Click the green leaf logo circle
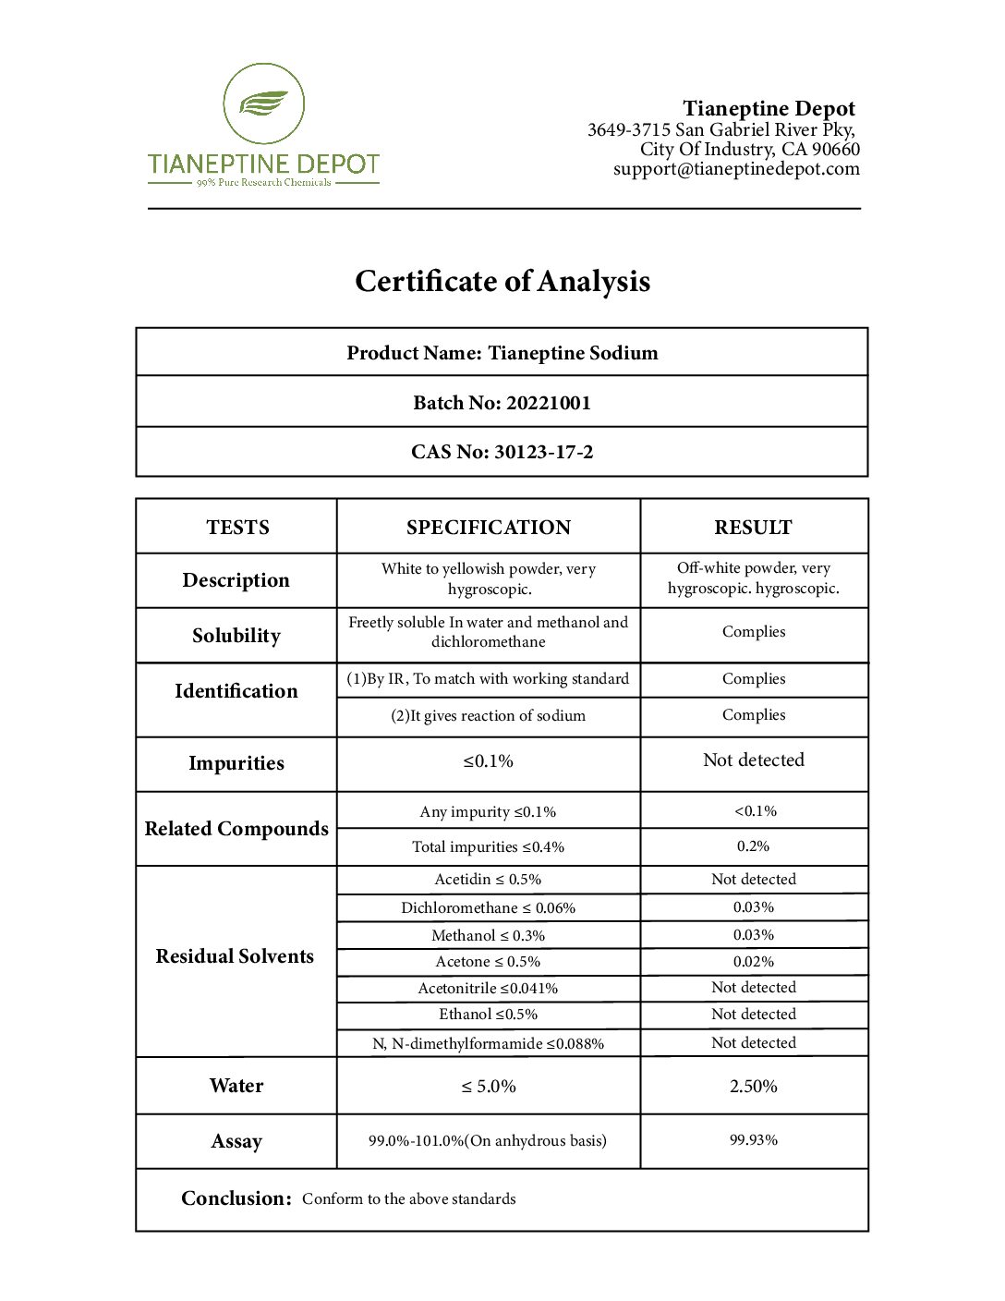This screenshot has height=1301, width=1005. point(264,103)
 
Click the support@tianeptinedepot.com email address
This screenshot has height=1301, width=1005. point(736,169)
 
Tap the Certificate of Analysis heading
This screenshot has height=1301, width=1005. point(502,281)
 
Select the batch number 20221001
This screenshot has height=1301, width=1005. point(549,403)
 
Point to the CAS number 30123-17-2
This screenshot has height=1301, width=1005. point(543,452)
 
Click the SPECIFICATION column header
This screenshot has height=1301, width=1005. point(489,528)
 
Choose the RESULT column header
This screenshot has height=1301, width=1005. point(753,528)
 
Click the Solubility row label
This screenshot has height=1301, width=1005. point(236,636)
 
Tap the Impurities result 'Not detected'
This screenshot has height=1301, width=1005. point(754,760)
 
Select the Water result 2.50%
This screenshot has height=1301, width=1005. point(754,1087)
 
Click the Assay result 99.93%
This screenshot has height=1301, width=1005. point(754,1140)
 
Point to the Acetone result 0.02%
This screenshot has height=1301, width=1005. point(754,962)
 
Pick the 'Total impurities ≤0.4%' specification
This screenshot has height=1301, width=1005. point(488,846)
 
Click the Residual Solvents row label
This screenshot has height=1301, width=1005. point(235,956)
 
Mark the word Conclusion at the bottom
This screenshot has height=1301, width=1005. point(236,1198)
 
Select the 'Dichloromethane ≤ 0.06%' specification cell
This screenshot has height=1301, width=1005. point(488,907)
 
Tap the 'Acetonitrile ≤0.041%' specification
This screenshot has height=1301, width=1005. point(488,988)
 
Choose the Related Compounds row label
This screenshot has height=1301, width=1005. point(236,829)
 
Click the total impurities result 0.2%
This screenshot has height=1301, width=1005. point(754,846)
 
